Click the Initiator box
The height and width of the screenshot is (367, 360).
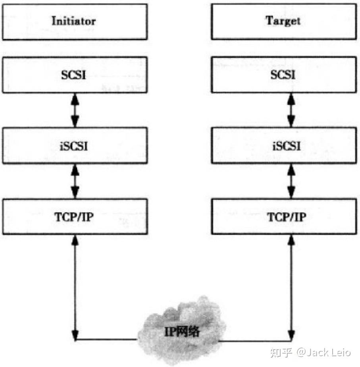tap(75, 21)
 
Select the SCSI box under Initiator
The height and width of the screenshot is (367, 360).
tap(75, 74)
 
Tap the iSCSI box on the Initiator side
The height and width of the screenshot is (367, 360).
tap(75, 145)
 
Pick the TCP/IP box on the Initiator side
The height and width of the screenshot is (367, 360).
tap(75, 217)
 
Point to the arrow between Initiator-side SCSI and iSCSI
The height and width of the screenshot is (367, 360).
tap(75, 110)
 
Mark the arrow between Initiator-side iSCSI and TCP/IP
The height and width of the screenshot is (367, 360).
tap(75, 181)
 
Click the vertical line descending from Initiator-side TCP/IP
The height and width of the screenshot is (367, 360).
tap(75, 286)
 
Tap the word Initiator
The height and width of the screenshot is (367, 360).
tap(75, 21)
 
